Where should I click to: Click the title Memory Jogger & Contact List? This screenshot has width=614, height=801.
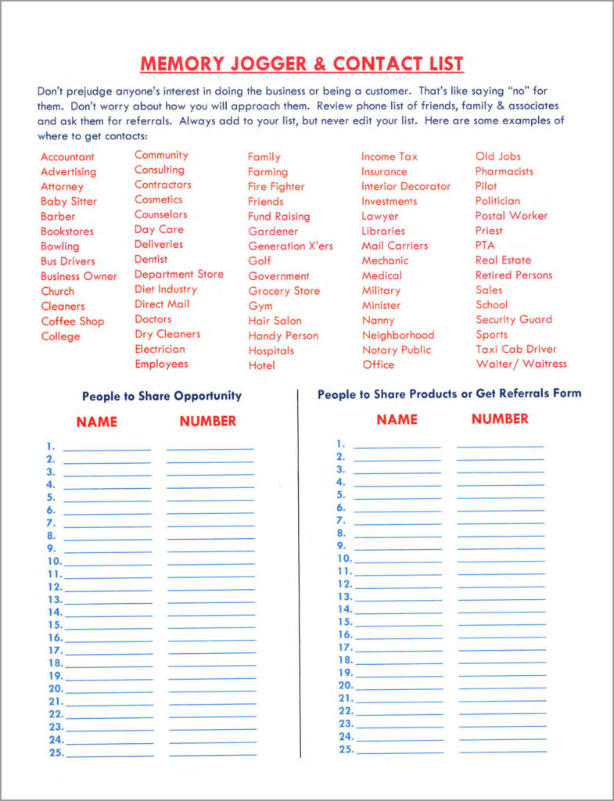pos(301,63)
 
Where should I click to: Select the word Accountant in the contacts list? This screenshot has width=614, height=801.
pos(67,157)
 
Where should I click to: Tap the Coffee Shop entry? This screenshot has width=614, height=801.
pos(72,321)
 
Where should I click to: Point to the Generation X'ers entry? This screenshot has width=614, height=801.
pos(290,246)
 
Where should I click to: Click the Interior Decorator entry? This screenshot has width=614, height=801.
pos(405,186)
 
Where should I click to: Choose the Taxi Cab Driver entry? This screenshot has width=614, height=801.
pos(515,349)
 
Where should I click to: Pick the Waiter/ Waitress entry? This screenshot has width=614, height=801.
pos(521,364)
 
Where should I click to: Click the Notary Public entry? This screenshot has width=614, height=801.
pos(396,350)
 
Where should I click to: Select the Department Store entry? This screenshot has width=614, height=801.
pos(178,275)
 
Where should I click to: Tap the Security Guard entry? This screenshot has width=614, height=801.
pos(513,319)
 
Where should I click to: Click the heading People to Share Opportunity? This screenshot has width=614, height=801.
pos(162,396)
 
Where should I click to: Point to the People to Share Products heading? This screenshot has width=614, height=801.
pos(449,394)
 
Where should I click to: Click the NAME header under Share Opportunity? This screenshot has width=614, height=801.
pos(97,422)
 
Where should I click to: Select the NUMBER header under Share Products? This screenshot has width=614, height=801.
pos(500,419)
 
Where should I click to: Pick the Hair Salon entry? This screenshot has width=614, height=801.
pos(275,321)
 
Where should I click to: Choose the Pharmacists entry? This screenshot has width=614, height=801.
pos(504,171)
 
